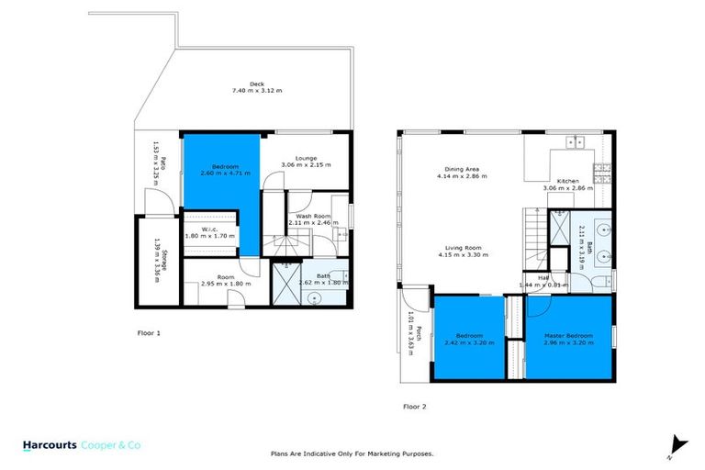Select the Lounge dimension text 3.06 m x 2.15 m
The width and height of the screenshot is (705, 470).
pyautogui.click(x=306, y=165)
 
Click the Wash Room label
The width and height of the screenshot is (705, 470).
pyautogui.click(x=306, y=216)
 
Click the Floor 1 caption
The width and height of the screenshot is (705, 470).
pyautogui.click(x=148, y=333)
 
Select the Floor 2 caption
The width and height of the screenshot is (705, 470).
pyautogui.click(x=415, y=405)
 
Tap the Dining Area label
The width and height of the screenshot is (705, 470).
pyautogui.click(x=463, y=170)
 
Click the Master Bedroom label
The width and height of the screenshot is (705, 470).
pyautogui.click(x=566, y=335)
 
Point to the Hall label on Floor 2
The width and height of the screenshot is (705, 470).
pyautogui.click(x=543, y=277)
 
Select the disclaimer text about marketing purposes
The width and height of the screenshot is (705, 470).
pyautogui.click(x=352, y=453)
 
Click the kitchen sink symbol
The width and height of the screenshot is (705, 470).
pyautogui.click(x=578, y=142)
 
